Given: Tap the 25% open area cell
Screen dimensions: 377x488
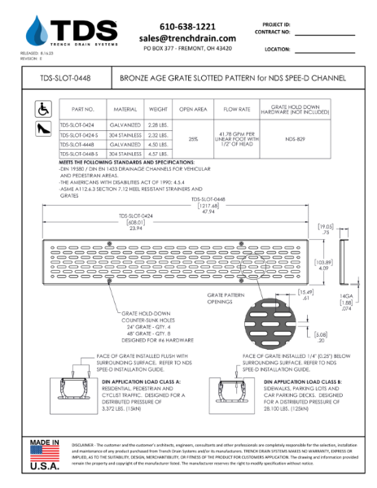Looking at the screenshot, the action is click(193, 139).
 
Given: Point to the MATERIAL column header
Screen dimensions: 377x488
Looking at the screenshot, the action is click(125, 108).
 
